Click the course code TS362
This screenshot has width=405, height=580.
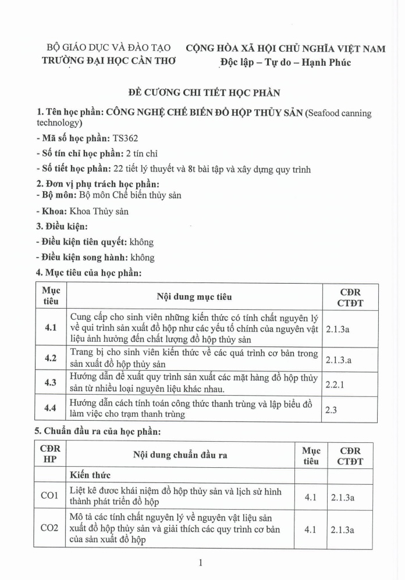coord(125,138)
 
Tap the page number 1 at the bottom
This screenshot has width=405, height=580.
coord(200,562)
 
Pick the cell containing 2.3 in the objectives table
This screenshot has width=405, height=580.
coord(331,409)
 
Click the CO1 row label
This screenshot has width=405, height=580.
coord(49,496)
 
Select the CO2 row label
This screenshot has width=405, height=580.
coord(49,529)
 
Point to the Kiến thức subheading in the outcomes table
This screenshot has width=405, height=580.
coord(90,475)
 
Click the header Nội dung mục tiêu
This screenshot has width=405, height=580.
coord(194,297)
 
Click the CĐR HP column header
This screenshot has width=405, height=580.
coord(49,455)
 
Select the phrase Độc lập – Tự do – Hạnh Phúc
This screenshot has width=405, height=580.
coord(285,62)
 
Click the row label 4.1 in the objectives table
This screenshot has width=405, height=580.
coord(51,328)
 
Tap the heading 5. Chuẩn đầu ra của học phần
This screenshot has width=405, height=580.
coord(97,431)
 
